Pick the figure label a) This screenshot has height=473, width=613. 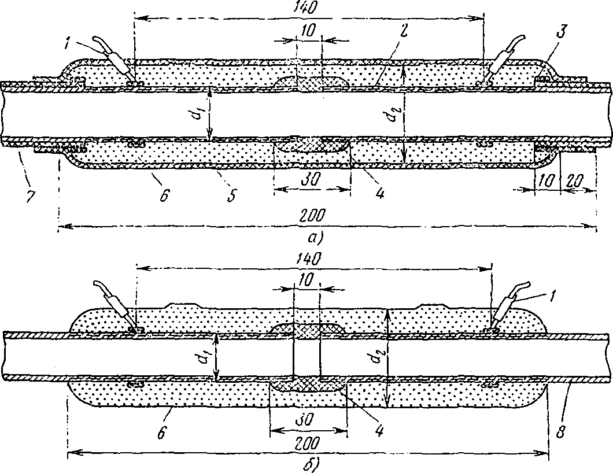tap(315, 237)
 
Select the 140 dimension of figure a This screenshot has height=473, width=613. tap(308, 8)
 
